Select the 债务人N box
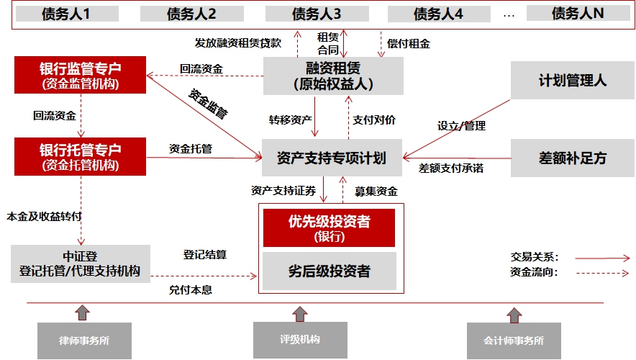pyautogui.click(x=578, y=13)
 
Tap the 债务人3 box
pyautogui.click(x=317, y=14)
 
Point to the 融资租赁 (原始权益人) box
pyautogui.click(x=333, y=76)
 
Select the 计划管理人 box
pyautogui.click(x=572, y=80)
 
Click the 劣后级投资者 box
pyautogui.click(x=330, y=271)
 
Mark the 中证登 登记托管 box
pyautogui.click(x=81, y=264)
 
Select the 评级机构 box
pyautogui.click(x=299, y=339)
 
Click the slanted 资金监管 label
pyautogui.click(x=209, y=102)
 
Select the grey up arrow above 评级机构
pyautogui.click(x=300, y=314)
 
